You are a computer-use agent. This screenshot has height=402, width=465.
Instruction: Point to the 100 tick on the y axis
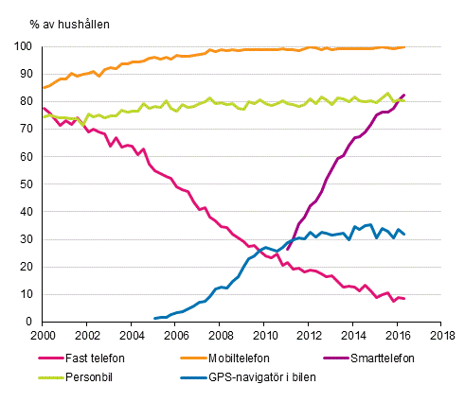pyautogui.click(x=27, y=46)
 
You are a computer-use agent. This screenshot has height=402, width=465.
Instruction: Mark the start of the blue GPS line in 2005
pyautogui.click(x=154, y=319)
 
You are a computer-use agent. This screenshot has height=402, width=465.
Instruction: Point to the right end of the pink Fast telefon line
pyautogui.click(x=405, y=299)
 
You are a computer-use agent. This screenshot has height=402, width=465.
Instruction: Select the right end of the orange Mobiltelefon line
pyautogui.click(x=405, y=47)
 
